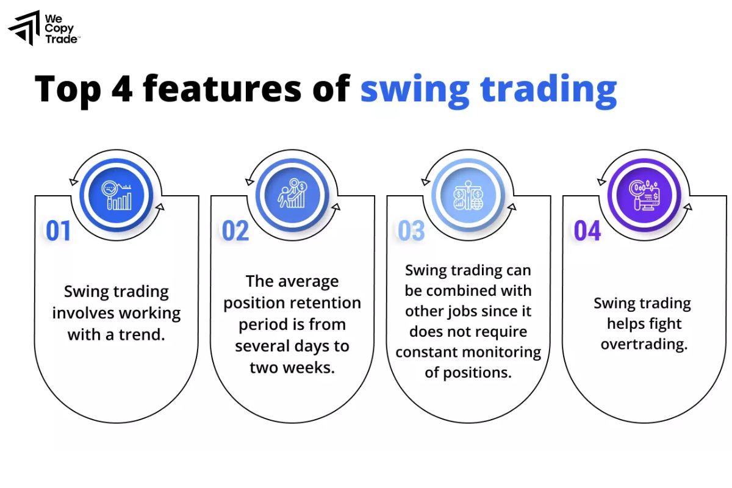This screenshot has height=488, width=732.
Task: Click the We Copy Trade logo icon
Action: tap(24, 27)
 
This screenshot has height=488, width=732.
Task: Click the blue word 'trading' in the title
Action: tap(548, 90)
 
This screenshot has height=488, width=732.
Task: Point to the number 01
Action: tap(59, 231)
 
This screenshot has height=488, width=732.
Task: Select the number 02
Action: tap(235, 231)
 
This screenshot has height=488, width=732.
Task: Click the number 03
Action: tap(411, 231)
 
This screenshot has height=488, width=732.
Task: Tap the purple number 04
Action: tap(587, 231)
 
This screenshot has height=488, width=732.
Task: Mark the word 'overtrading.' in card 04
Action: tap(644, 344)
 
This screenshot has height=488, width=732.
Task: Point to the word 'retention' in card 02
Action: tap(324, 303)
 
